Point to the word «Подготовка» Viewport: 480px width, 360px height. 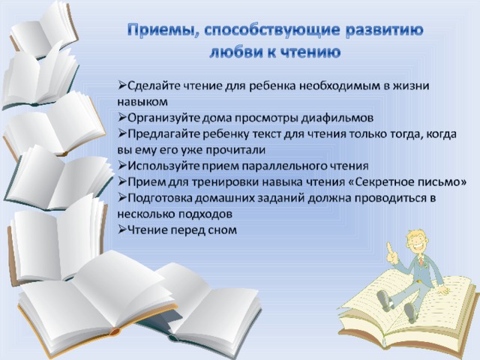click(160, 198)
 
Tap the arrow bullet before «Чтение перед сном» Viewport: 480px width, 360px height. click(121, 229)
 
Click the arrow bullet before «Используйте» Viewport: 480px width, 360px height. click(121, 166)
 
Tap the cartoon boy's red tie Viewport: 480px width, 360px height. click(421, 262)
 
